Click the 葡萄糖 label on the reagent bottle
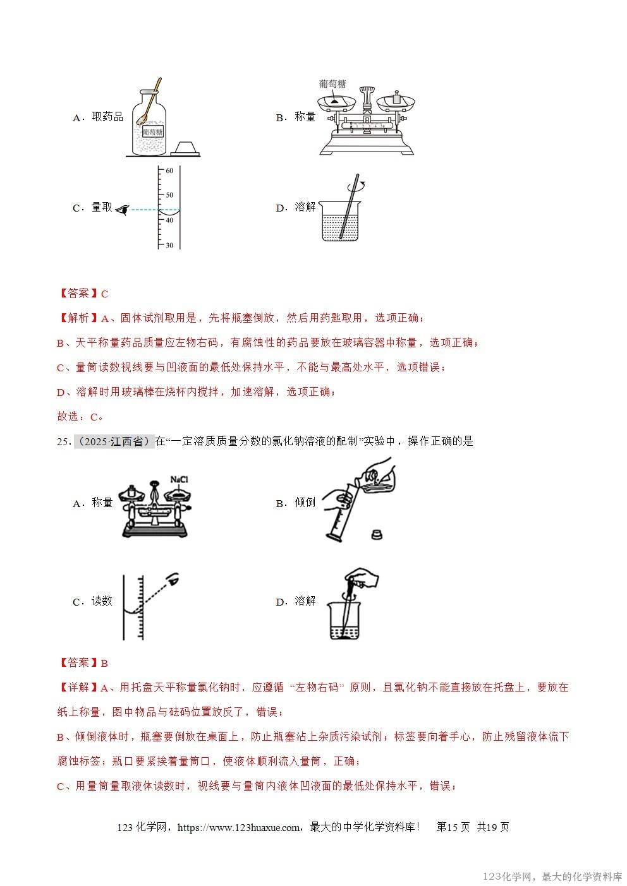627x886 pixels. [x=152, y=132]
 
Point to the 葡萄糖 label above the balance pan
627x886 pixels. [x=332, y=84]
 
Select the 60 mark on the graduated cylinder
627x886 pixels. [x=169, y=171]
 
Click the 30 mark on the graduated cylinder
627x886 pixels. [x=169, y=245]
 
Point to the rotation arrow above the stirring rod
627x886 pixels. [x=361, y=186]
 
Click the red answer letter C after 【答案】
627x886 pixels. [x=105, y=294]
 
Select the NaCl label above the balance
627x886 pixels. [x=179, y=480]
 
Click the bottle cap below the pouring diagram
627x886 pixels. [x=377, y=534]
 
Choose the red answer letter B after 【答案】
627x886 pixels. [x=105, y=663]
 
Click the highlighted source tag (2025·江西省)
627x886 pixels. [x=114, y=441]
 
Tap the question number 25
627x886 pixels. [x=62, y=442]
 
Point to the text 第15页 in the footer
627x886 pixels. [x=453, y=827]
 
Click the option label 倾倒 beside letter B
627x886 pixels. [x=305, y=503]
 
